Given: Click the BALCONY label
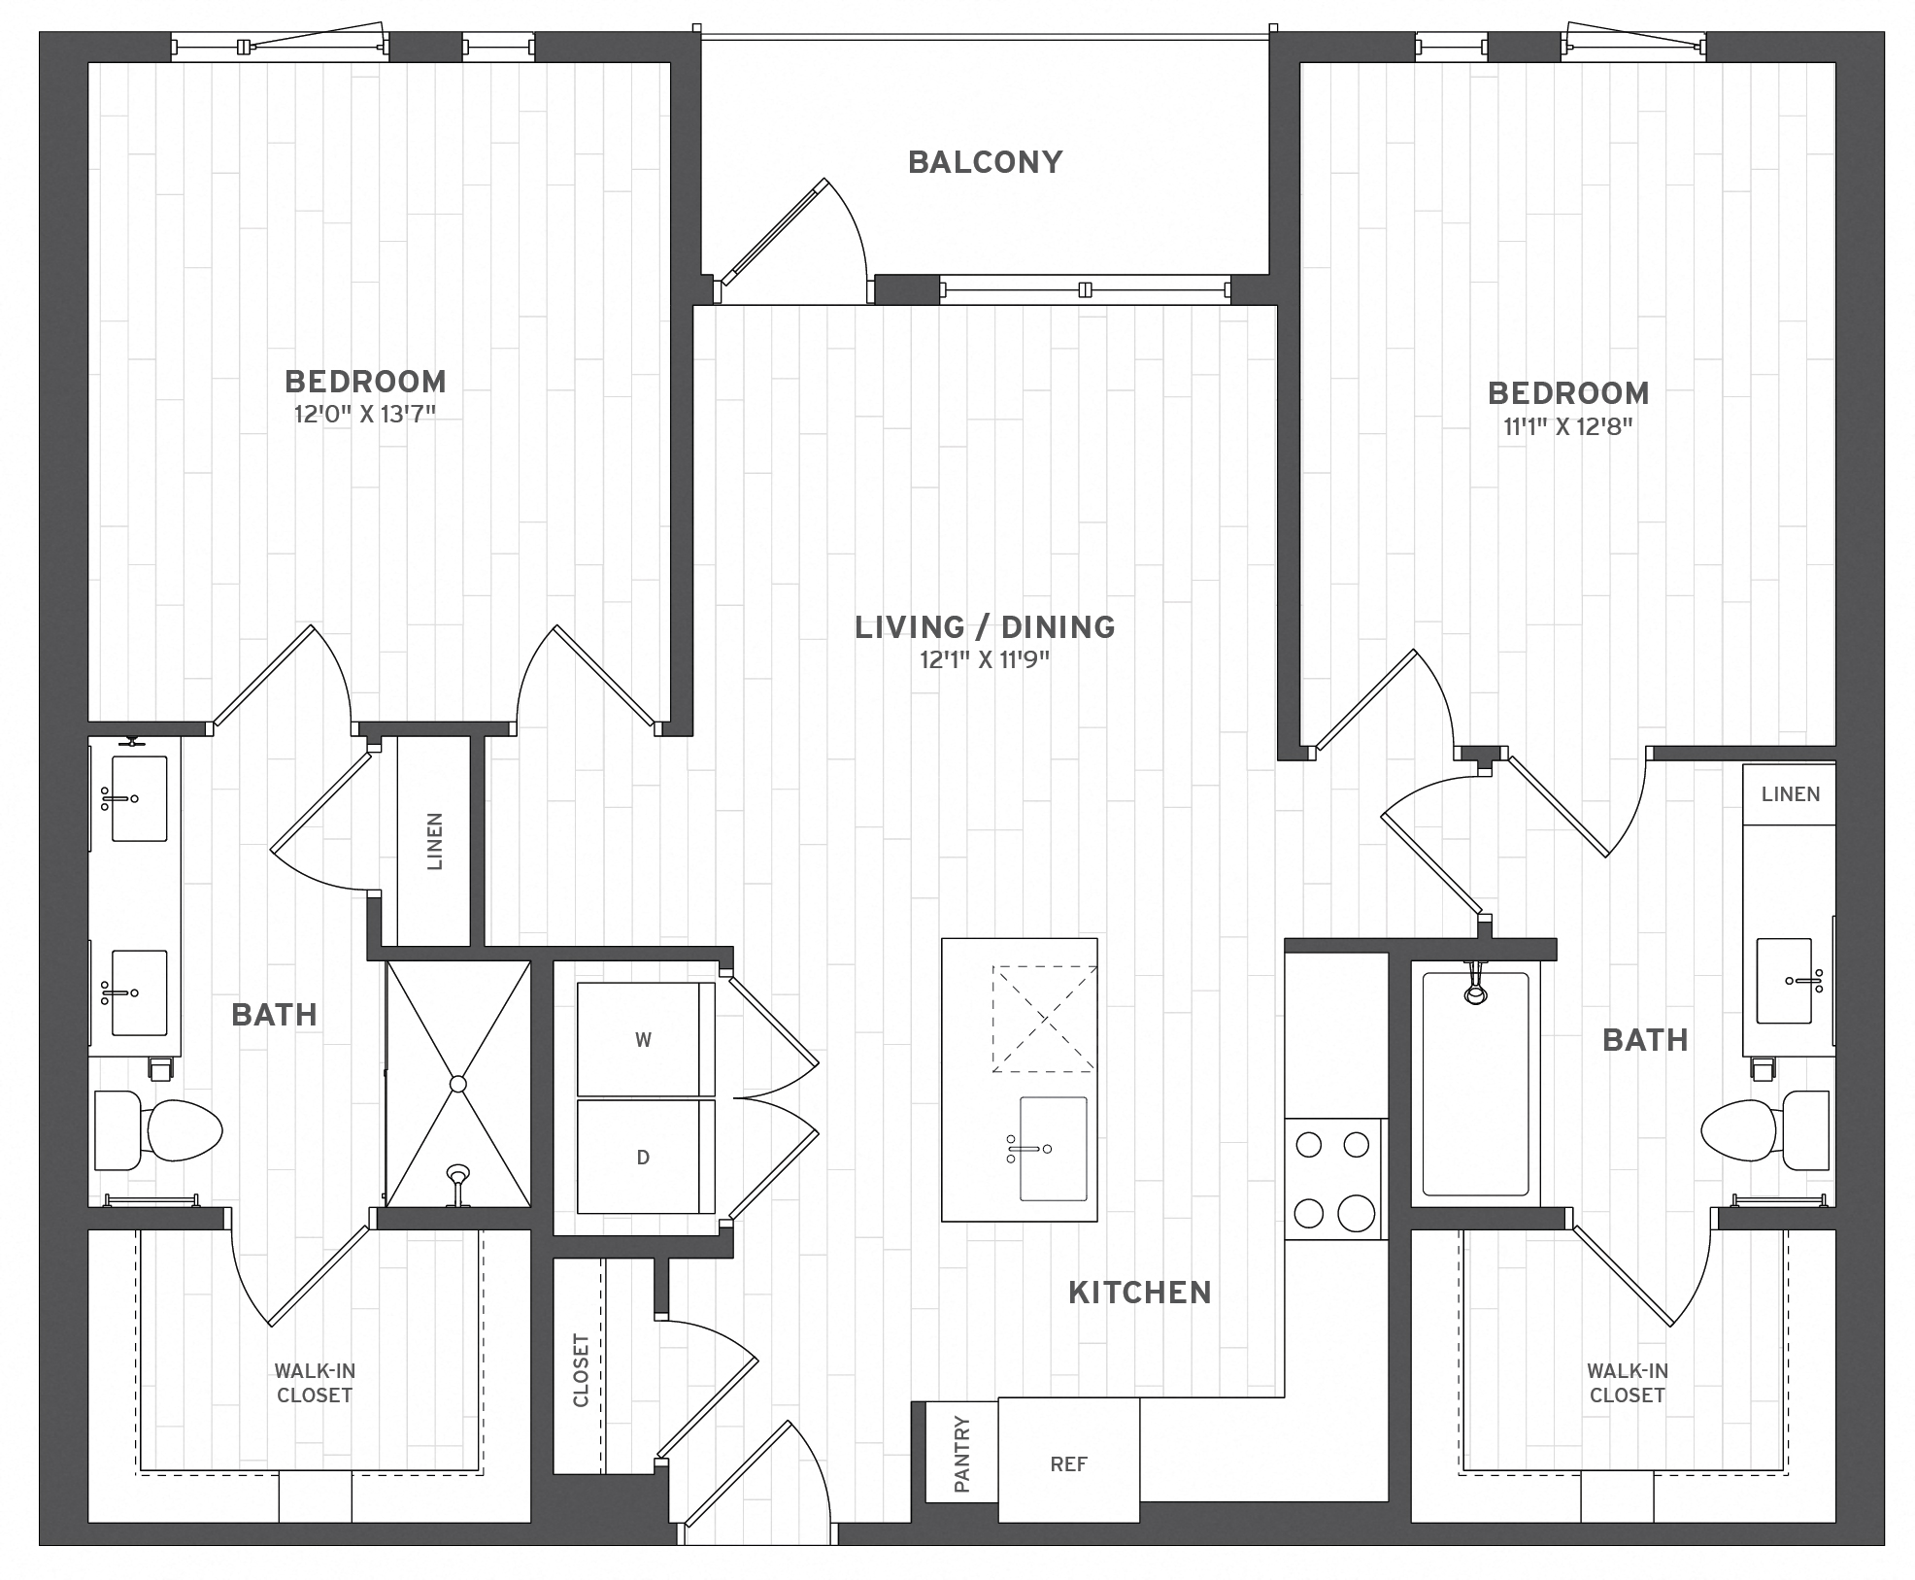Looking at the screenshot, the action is (985, 162).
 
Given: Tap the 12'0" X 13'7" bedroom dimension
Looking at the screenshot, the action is (364, 415).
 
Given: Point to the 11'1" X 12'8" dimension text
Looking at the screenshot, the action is (1568, 427).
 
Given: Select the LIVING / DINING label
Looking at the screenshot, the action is (985, 627).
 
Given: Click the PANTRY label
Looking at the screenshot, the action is (961, 1453).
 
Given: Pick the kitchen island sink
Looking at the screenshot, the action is (1052, 1149).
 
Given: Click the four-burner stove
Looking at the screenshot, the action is (1335, 1179).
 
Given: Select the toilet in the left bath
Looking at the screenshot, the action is (158, 1130).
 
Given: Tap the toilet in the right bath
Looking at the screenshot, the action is (1765, 1130).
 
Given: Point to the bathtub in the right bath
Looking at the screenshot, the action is (1475, 1084).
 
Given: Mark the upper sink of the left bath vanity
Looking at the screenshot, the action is (137, 798).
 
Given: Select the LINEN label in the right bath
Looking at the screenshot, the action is (1791, 794).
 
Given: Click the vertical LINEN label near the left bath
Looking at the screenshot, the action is (434, 841).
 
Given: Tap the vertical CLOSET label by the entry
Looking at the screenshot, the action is (581, 1370).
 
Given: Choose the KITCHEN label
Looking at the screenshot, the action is (1140, 1293).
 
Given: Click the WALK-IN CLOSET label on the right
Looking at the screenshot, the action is (1628, 1383).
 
